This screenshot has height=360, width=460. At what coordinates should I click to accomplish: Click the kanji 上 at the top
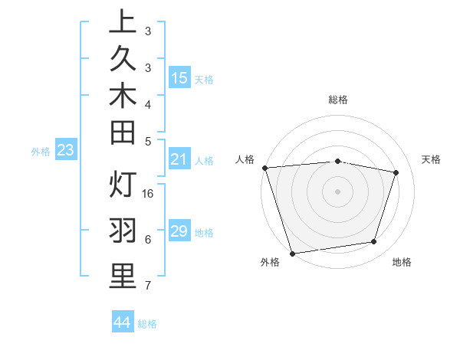tap(123, 23)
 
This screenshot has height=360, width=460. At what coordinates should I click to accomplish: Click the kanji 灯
tap(123, 185)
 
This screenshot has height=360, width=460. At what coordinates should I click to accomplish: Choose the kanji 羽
tap(123, 231)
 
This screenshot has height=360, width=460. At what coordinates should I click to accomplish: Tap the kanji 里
tap(123, 277)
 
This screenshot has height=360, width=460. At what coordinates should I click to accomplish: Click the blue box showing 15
tap(179, 77)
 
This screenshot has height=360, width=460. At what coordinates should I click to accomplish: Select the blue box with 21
tap(179, 159)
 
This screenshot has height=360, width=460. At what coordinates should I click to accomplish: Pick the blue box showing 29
tap(179, 231)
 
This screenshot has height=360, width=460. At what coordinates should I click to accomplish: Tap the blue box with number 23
tap(65, 151)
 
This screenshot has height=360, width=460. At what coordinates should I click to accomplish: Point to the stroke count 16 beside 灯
tap(149, 194)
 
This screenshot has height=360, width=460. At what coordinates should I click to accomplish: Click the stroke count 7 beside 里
tap(148, 286)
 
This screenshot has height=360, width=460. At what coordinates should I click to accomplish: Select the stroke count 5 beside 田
tap(148, 140)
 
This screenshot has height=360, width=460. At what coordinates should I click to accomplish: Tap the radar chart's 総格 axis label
tap(338, 100)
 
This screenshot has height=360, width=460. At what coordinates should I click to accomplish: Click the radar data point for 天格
tap(396, 172)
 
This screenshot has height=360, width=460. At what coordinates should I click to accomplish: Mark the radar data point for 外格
tap(292, 254)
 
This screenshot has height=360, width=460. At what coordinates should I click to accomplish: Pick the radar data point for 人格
tap(264, 168)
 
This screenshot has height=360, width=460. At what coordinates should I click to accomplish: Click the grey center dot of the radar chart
tap(338, 191)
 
